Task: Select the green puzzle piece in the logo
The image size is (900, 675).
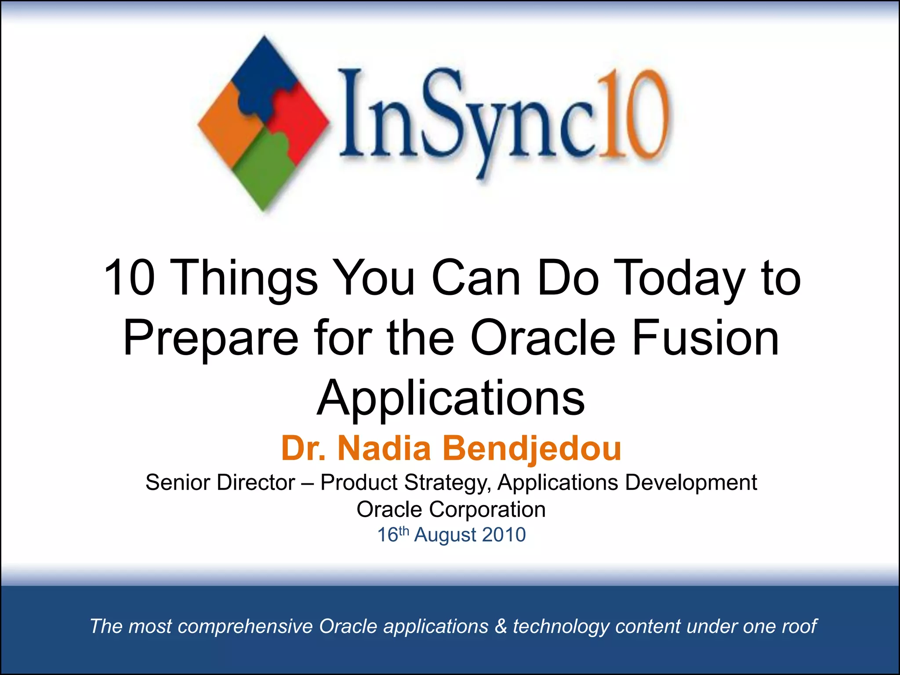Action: pyautogui.click(x=264, y=171)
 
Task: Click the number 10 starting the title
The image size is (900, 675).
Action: pyautogui.click(x=130, y=278)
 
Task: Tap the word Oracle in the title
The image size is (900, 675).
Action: pyautogui.click(x=543, y=338)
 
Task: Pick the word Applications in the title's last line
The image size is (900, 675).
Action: pyautogui.click(x=451, y=398)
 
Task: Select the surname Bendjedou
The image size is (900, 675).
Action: pyautogui.click(x=532, y=448)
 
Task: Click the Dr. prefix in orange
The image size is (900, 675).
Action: pyautogui.click(x=303, y=448)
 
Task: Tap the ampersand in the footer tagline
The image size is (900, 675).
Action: pyautogui.click(x=501, y=626)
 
